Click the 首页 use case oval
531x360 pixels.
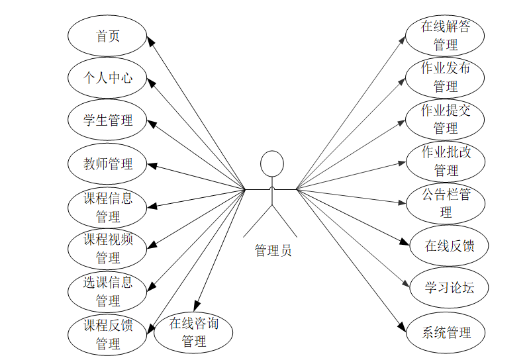(107, 36)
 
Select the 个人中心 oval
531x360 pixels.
(107, 77)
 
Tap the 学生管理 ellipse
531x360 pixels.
(107, 120)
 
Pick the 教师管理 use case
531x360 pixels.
(107, 163)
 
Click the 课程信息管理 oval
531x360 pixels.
(107, 206)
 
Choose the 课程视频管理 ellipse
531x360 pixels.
(107, 248)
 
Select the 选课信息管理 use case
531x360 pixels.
(107, 291)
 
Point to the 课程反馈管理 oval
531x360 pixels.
(107, 334)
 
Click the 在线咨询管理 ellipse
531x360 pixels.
(193, 332)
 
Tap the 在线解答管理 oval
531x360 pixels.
(445, 36)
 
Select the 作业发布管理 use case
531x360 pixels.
(445, 77)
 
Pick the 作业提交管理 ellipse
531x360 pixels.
(445, 119)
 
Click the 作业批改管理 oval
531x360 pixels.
(445, 161)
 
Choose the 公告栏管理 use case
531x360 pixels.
(445, 203)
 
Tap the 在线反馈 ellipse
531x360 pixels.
(449, 246)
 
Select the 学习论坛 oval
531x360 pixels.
(449, 288)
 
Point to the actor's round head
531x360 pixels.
(271, 164)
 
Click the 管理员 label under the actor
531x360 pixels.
(272, 250)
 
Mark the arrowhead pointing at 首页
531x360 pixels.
(150, 42)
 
